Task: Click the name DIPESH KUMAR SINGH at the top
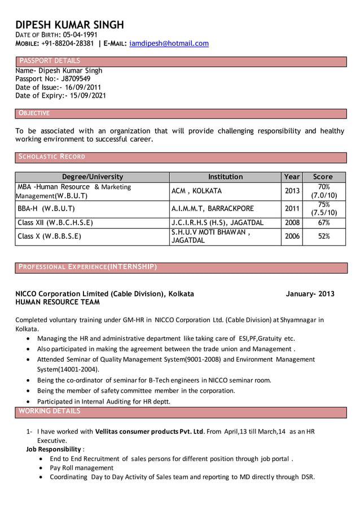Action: coord(69,25)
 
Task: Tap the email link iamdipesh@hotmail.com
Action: coord(169,43)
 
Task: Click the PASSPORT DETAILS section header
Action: coord(50,61)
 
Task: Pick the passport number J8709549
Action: coord(71,79)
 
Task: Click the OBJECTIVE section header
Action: coord(34,113)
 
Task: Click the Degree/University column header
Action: coord(92,177)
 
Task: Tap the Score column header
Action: coord(323,177)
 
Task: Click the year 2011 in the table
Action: coord(292,208)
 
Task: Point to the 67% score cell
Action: coord(323,223)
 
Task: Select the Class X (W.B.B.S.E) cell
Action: coord(49,236)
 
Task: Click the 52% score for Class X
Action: coord(323,236)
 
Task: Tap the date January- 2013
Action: coord(310,294)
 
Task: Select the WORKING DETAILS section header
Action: coord(50,411)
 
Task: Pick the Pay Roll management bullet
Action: coord(81,468)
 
